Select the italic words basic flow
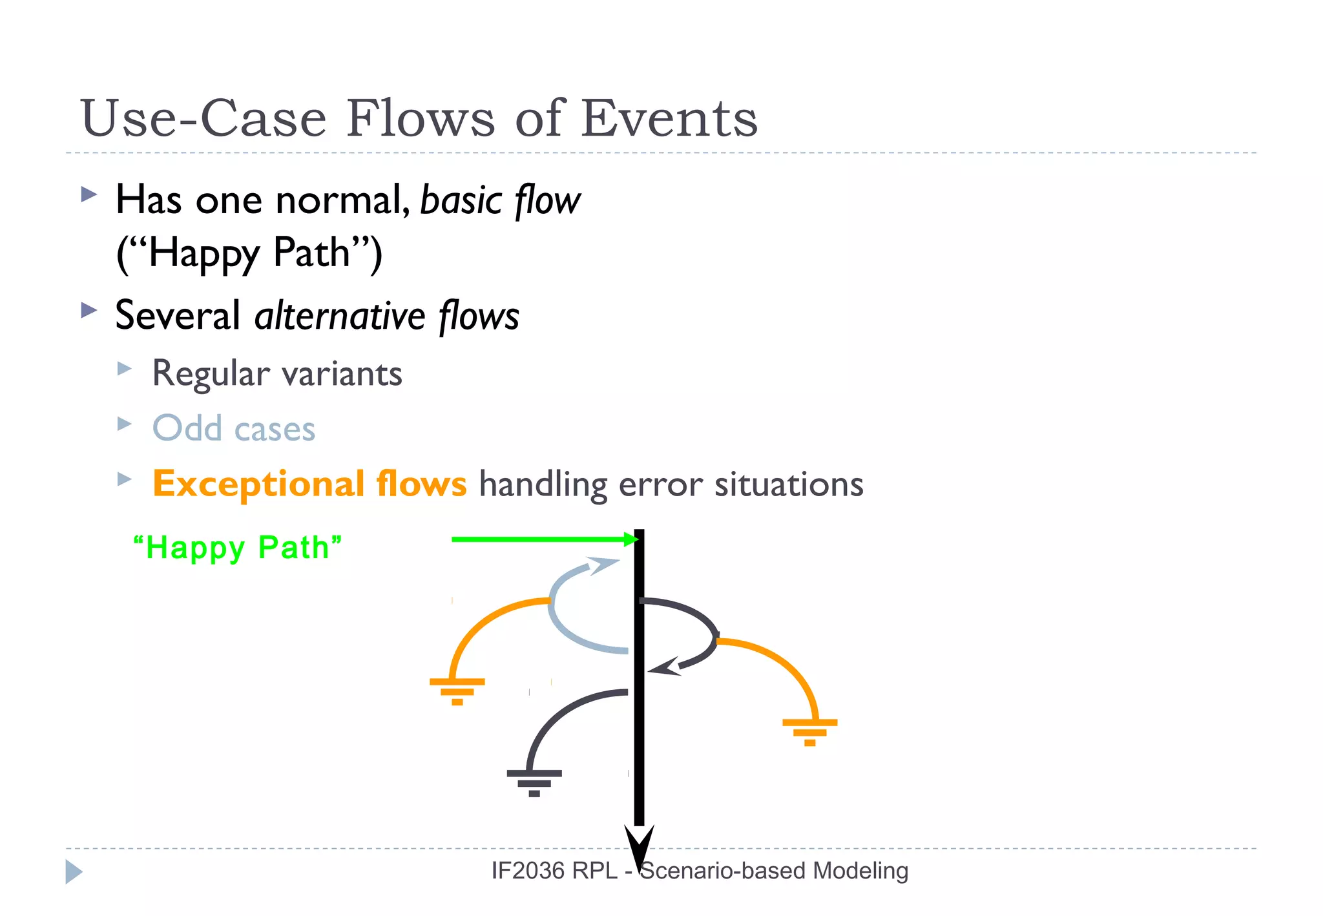(x=500, y=200)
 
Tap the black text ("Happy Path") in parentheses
(x=249, y=253)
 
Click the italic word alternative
(x=340, y=316)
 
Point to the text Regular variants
(x=276, y=373)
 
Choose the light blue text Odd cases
(x=233, y=428)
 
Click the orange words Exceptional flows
(x=309, y=484)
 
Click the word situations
(x=788, y=484)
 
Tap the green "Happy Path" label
(x=237, y=547)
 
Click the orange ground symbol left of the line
(x=457, y=691)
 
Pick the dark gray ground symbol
(x=534, y=782)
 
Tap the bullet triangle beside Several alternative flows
(x=89, y=311)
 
